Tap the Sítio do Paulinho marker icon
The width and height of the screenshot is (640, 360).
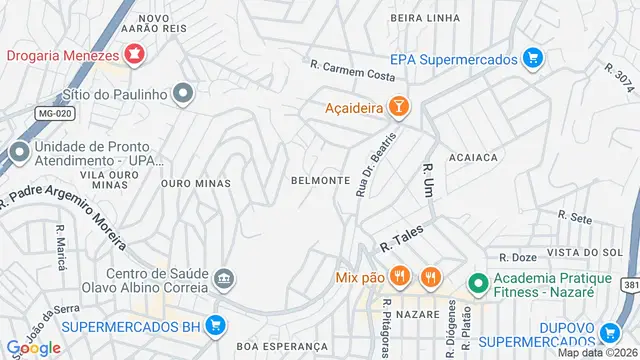tap(182, 95)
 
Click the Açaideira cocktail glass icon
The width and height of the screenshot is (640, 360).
tap(398, 105)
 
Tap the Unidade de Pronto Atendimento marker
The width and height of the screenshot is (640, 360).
tap(18, 154)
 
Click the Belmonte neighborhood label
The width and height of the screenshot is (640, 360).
tap(319, 181)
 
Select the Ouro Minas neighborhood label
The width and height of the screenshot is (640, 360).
tap(195, 183)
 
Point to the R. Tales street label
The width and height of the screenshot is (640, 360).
tap(401, 238)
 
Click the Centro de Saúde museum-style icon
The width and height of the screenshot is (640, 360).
tap(224, 277)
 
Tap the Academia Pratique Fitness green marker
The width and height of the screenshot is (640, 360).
tap(477, 284)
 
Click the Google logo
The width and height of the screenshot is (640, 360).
tap(33, 347)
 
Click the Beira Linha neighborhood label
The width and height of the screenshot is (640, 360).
tap(426, 17)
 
